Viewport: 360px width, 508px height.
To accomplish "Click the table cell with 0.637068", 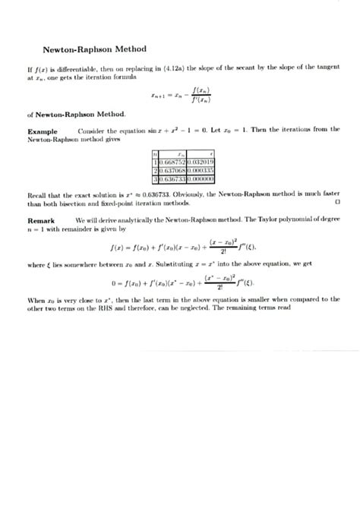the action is pos(173,170).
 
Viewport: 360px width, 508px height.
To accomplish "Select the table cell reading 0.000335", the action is pos(201,170).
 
